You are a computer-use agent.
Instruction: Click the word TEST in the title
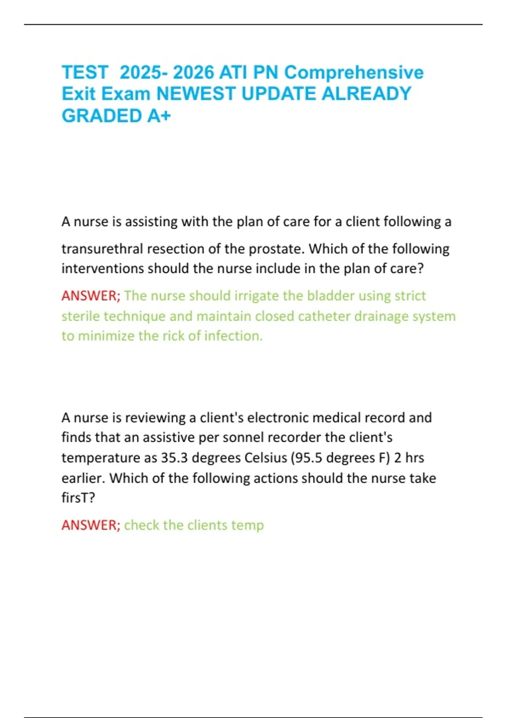tap(85, 72)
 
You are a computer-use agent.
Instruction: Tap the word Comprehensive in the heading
tap(354, 72)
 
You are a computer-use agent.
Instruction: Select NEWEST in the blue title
tap(196, 94)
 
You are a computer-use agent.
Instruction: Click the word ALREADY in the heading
tap(366, 94)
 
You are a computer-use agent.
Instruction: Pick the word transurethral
tap(102, 249)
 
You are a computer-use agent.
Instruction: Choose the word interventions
tap(103, 269)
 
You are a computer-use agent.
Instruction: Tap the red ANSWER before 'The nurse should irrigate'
tap(91, 296)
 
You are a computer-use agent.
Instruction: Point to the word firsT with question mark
tap(78, 498)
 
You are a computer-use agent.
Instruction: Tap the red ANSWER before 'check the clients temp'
tap(91, 525)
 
